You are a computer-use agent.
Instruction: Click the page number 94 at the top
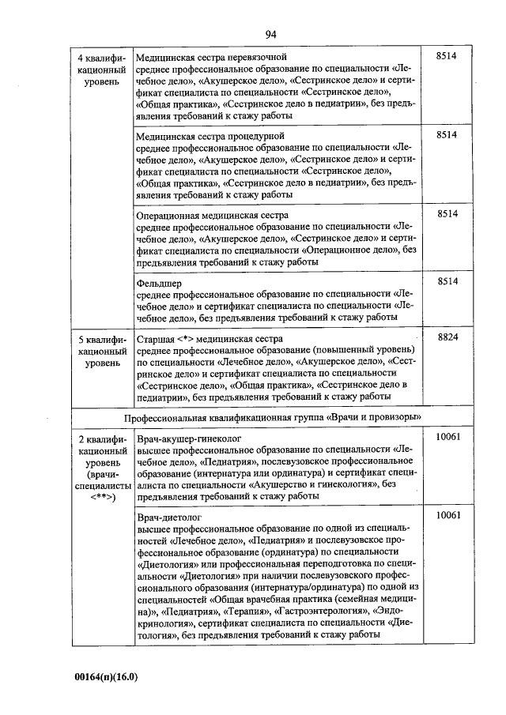(270, 33)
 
